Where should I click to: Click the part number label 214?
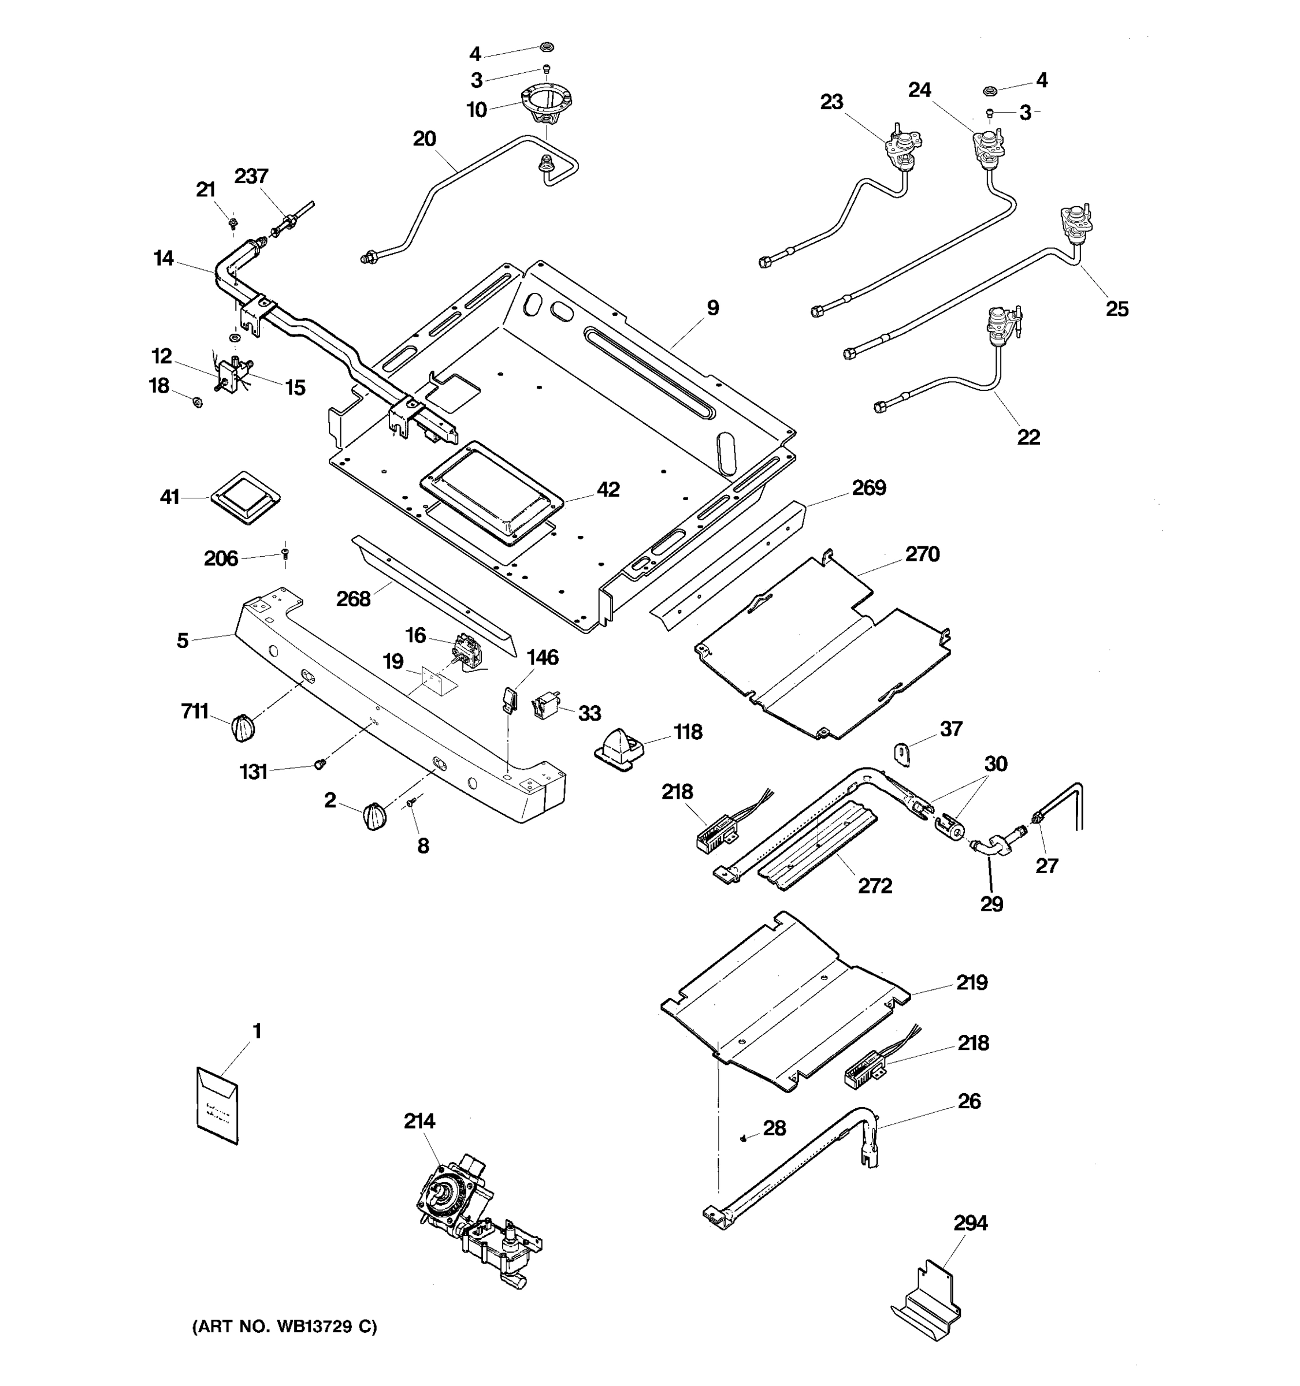(x=418, y=1120)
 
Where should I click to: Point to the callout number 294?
(x=970, y=1223)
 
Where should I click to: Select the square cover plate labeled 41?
(x=245, y=497)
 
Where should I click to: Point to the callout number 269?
(x=868, y=487)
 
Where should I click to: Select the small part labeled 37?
(x=902, y=754)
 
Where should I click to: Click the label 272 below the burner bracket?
(x=875, y=885)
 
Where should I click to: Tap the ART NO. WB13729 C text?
(x=284, y=1326)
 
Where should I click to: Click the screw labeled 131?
(x=320, y=764)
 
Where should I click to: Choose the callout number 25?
(x=1117, y=309)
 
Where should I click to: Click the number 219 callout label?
(x=971, y=982)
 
